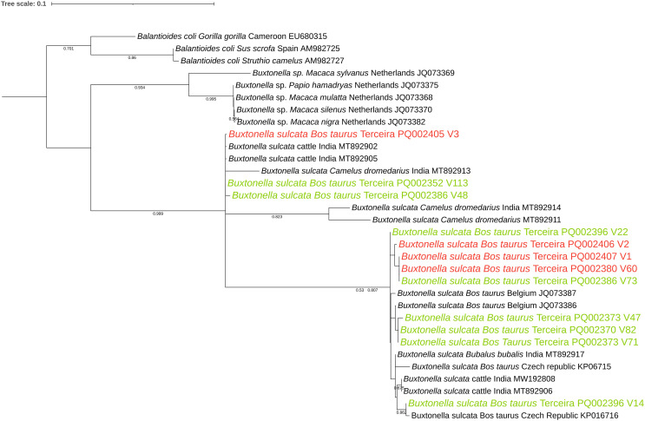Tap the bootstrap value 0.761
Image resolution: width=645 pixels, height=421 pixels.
pos(69,49)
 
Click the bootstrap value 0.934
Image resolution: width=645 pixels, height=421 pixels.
pos(139,88)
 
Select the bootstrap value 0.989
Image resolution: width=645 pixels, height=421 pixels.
pos(158,213)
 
